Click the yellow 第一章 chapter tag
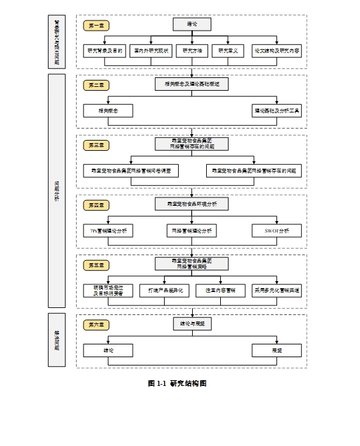[96, 26]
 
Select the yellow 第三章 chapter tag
[96, 145]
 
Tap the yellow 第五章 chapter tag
[96, 265]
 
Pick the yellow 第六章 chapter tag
[96, 325]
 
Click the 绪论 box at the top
[191, 24]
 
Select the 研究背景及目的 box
[105, 50]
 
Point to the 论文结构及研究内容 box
[276, 50]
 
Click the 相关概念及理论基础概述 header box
[191, 84]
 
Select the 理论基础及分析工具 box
[276, 111]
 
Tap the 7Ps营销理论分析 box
[108, 231]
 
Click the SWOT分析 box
[276, 231]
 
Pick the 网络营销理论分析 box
[191, 231]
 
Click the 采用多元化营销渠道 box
[276, 290]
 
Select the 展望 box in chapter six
[276, 350]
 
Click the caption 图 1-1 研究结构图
[177, 383]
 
